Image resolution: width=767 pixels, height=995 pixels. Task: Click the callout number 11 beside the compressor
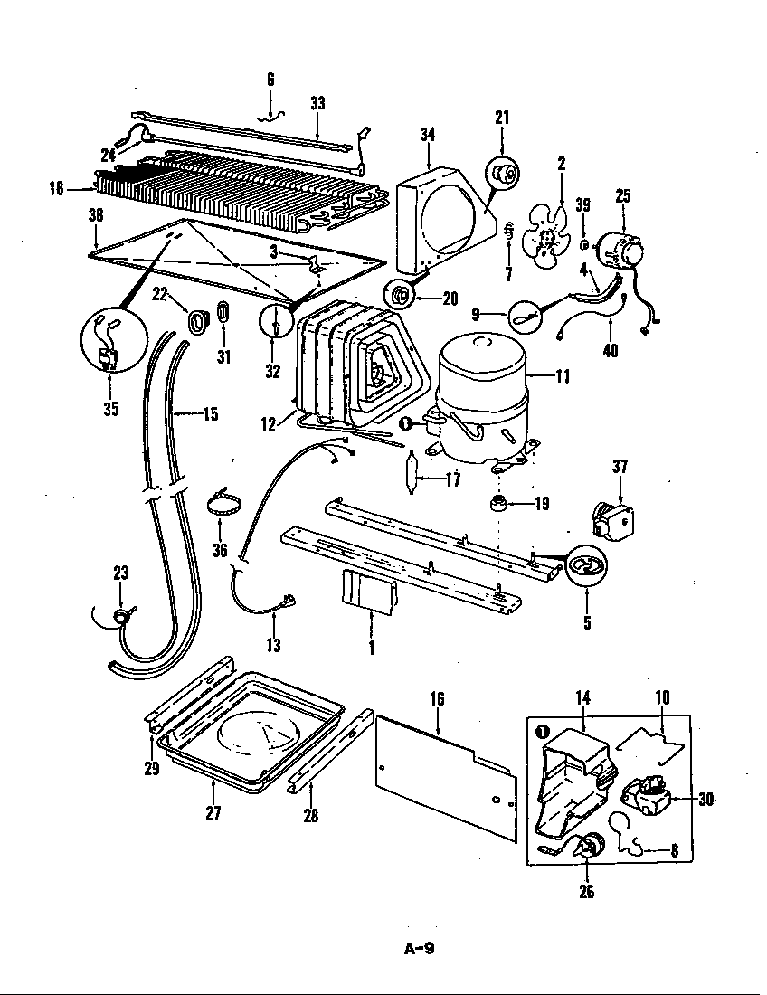click(x=563, y=375)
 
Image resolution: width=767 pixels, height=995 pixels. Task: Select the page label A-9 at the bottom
click(x=419, y=949)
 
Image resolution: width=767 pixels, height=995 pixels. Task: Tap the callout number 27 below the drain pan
click(x=213, y=812)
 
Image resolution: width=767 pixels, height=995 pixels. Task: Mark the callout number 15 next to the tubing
click(x=210, y=414)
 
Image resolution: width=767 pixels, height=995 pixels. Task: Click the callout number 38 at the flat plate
click(x=96, y=216)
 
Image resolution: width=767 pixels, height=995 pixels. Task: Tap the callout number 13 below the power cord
click(x=273, y=645)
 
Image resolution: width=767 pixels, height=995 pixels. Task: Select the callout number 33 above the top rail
click(x=317, y=103)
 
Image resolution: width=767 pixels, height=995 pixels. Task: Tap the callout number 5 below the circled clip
click(x=586, y=622)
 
